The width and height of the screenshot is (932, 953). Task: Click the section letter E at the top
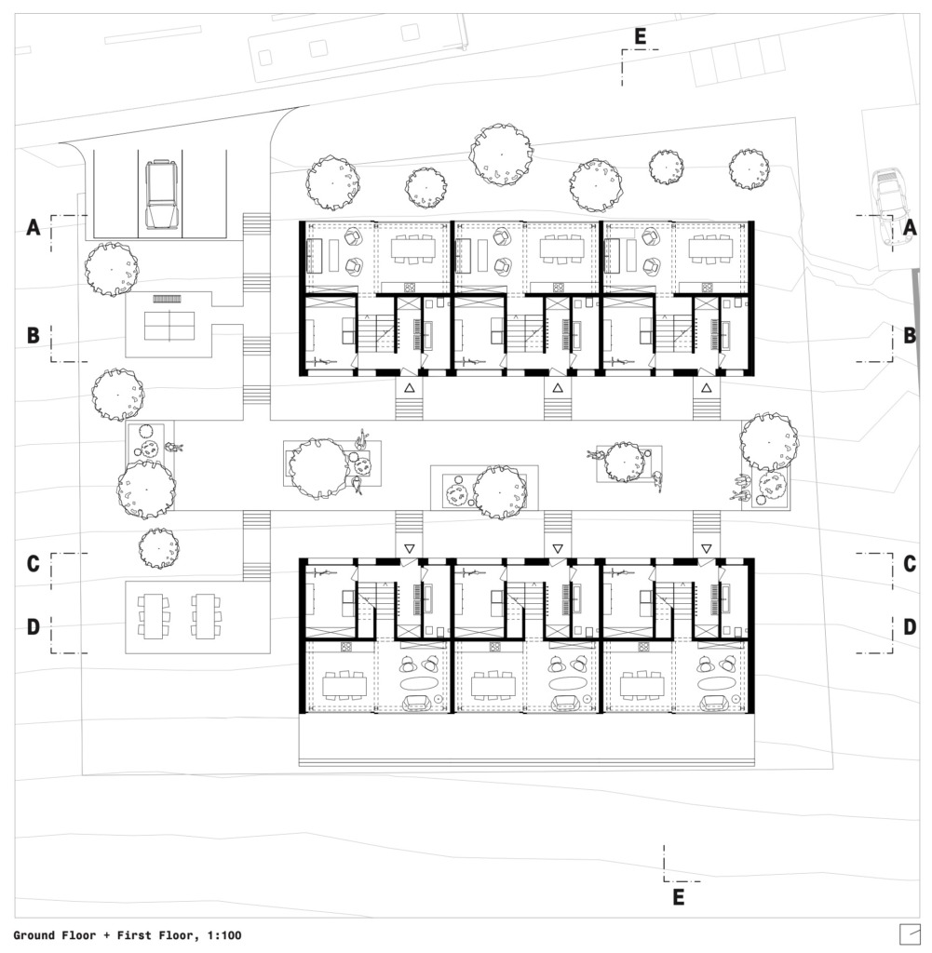(641, 36)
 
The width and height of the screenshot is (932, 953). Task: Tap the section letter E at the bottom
(679, 897)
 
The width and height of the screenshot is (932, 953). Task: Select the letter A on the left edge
(34, 227)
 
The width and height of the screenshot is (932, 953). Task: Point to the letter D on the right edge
(910, 626)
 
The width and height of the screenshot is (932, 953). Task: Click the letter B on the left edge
(34, 335)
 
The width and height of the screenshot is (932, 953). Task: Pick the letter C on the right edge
(910, 563)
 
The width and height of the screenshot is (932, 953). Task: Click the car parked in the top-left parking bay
(161, 195)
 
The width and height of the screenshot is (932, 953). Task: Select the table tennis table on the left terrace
(169, 326)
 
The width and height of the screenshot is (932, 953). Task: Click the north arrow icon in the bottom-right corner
(909, 933)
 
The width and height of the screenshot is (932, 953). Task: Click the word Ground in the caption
(34, 935)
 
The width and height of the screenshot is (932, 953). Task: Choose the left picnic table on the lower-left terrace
(154, 616)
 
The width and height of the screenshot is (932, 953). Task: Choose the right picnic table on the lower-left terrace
(207, 616)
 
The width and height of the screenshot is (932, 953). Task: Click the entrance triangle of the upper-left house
(409, 387)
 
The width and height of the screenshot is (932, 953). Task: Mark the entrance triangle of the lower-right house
(706, 548)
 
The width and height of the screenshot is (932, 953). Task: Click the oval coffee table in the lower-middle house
(567, 682)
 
